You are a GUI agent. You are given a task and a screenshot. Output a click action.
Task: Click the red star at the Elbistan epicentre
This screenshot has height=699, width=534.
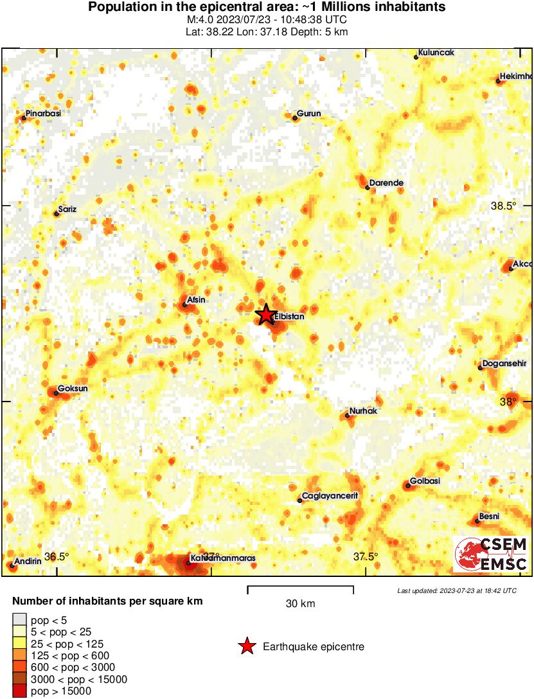click(265, 314)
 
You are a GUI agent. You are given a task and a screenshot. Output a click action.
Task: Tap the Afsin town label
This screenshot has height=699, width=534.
click(195, 299)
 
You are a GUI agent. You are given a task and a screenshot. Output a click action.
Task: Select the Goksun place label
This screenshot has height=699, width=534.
click(71, 389)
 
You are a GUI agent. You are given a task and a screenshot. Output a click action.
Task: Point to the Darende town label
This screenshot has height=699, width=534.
click(386, 183)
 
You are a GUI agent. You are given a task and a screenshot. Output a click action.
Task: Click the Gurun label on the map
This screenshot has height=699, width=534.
click(309, 114)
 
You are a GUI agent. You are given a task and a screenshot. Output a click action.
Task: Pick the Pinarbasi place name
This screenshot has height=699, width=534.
click(44, 113)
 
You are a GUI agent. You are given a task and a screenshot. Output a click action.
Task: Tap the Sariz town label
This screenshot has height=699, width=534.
click(67, 209)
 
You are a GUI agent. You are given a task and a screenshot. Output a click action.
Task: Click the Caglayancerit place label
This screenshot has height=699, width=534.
click(330, 496)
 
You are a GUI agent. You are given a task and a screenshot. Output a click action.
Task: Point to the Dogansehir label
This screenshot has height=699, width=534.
click(504, 363)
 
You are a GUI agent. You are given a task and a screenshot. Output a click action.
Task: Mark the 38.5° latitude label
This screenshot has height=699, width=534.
click(503, 206)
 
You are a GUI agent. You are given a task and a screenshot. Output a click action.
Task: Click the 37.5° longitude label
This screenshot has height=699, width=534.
click(366, 556)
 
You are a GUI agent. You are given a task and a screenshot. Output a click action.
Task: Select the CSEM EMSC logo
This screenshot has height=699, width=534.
click(491, 554)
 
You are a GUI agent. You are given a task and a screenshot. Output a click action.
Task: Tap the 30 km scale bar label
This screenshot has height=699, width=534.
click(300, 603)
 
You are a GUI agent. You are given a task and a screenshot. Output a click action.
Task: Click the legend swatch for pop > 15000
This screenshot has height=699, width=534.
click(20, 691)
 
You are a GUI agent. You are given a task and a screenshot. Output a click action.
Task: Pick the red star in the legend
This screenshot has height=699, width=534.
click(247, 646)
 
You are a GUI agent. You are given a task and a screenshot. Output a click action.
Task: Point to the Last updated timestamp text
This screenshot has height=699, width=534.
click(457, 590)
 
